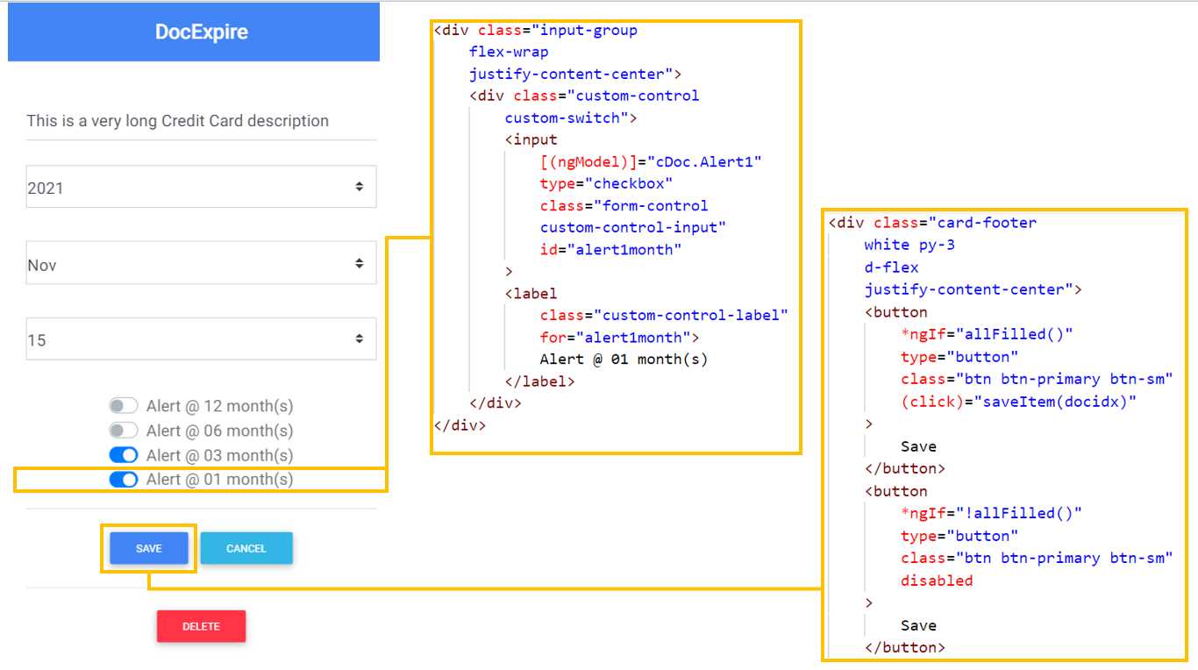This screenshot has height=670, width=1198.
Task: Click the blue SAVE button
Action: (148, 548)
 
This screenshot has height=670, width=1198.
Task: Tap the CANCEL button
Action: (246, 548)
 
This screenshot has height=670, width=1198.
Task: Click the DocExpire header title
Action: (201, 32)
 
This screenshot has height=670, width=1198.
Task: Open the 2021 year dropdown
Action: (201, 187)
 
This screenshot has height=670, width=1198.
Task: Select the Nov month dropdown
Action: (201, 264)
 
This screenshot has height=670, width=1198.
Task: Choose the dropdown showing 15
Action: (201, 339)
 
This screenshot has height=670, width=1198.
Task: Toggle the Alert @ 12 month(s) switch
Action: (124, 406)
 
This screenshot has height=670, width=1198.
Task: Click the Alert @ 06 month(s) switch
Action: (124, 431)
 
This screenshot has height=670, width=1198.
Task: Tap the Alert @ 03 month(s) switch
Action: (124, 455)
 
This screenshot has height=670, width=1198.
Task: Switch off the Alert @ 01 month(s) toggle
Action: (124, 480)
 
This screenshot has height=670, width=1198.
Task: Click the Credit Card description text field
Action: (201, 121)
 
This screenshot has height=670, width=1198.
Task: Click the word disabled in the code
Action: (937, 581)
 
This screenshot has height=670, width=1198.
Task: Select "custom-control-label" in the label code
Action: (690, 315)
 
